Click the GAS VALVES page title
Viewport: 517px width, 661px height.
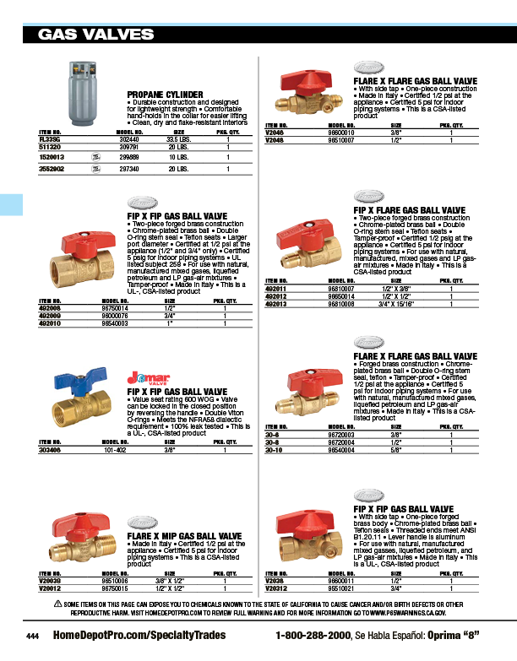[x=93, y=35]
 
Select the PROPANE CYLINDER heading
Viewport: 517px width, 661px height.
[x=165, y=95]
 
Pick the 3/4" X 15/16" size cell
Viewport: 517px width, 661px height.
[x=395, y=304]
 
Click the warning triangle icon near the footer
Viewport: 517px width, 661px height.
[x=57, y=605]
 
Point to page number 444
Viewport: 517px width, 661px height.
[x=33, y=636]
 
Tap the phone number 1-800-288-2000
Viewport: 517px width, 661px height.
[x=313, y=635]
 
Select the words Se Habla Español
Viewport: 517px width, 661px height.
[x=385, y=635]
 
